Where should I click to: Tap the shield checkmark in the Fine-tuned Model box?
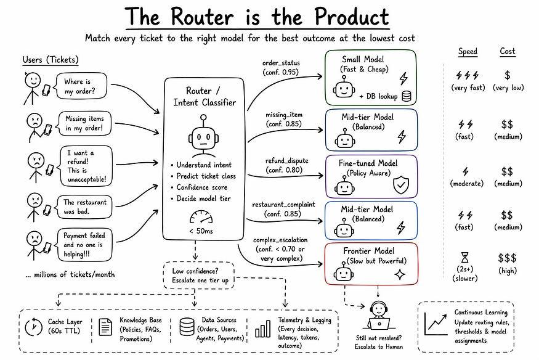pyautogui.click(x=401, y=184)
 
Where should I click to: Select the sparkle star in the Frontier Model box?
pyautogui.click(x=401, y=274)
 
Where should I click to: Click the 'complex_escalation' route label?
pyautogui.click(x=280, y=240)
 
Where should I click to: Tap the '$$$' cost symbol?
pyautogui.click(x=506, y=257)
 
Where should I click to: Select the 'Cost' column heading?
pyautogui.click(x=507, y=52)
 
